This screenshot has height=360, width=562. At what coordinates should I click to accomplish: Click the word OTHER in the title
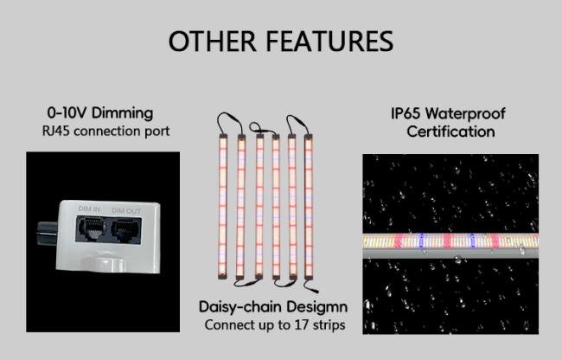click(x=213, y=41)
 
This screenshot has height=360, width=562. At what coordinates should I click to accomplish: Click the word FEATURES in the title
click(x=329, y=41)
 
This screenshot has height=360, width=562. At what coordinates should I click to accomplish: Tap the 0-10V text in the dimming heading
click(x=67, y=113)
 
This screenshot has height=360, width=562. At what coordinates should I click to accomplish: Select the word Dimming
click(x=122, y=113)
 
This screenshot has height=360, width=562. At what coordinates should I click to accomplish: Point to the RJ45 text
click(x=56, y=131)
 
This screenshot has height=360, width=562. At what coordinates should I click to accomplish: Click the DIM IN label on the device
click(x=89, y=209)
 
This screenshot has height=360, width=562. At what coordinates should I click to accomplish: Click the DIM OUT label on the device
click(x=126, y=211)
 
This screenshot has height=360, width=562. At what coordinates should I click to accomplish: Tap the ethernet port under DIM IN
click(x=91, y=228)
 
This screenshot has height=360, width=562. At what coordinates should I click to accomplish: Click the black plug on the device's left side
click(x=47, y=233)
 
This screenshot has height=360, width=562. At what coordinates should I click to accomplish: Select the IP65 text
click(x=406, y=113)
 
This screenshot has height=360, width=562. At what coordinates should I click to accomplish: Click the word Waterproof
click(x=465, y=114)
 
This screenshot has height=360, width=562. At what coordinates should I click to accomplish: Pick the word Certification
click(x=450, y=132)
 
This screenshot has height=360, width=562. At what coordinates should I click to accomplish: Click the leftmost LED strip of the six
click(x=223, y=206)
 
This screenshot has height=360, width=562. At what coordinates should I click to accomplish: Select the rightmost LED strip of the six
click(x=309, y=206)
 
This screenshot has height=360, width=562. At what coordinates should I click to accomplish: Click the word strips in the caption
click(x=329, y=325)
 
